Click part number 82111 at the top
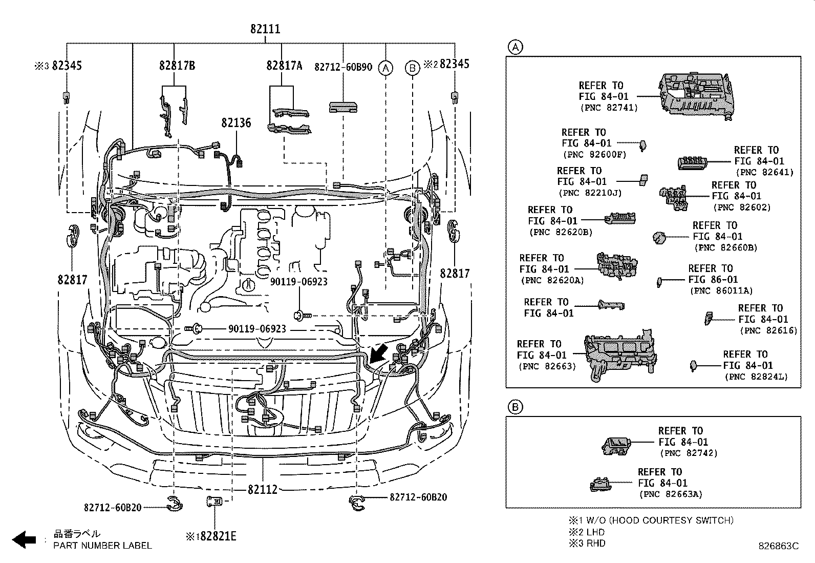pyautogui.click(x=265, y=29)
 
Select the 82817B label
pyautogui.click(x=177, y=66)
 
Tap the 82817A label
pyautogui.click(x=284, y=66)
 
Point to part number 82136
pyautogui.click(x=236, y=123)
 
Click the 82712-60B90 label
pyautogui.click(x=343, y=67)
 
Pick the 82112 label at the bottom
pyautogui.click(x=262, y=489)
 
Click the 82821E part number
pyautogui.click(x=218, y=536)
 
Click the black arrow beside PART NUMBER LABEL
pyautogui.click(x=24, y=539)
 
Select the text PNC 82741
pyautogui.click(x=609, y=108)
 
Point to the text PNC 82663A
pyautogui.click(x=671, y=494)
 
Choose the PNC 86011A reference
pyautogui.click(x=722, y=290)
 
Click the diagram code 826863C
pyautogui.click(x=779, y=547)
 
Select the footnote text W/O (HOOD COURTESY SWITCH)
pyautogui.click(x=659, y=520)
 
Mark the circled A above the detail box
pyautogui.click(x=514, y=47)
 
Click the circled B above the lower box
pyautogui.click(x=514, y=407)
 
